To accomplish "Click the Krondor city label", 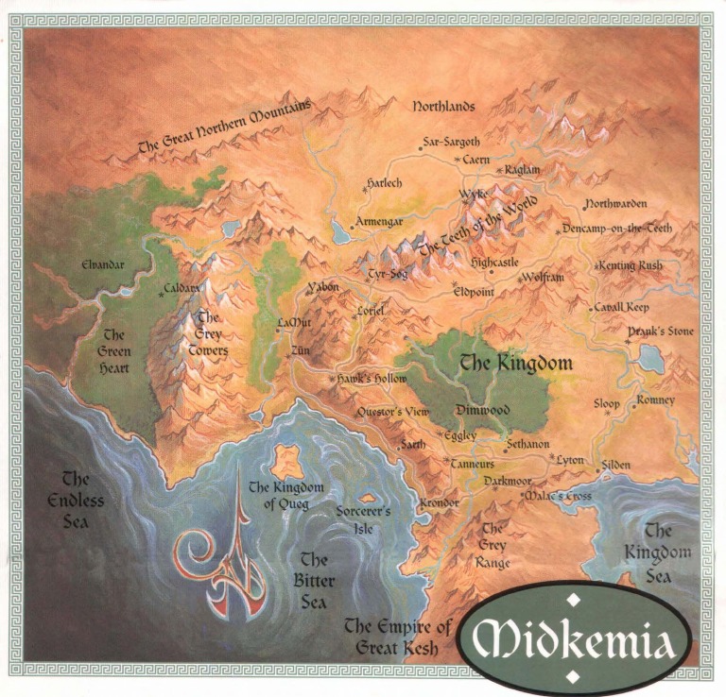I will point(440,503).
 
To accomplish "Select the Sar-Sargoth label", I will point(452,142).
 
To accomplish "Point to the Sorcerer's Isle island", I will point(367,497).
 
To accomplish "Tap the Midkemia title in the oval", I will point(574,640).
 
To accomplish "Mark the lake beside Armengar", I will point(340,231).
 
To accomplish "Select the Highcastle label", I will point(494,262).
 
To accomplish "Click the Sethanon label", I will point(527,443).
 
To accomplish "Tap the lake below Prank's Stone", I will point(650,358).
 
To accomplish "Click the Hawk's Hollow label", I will point(372,379).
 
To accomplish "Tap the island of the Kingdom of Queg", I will point(287,462).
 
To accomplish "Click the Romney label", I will point(656,400).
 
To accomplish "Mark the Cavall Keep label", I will point(622,308).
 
